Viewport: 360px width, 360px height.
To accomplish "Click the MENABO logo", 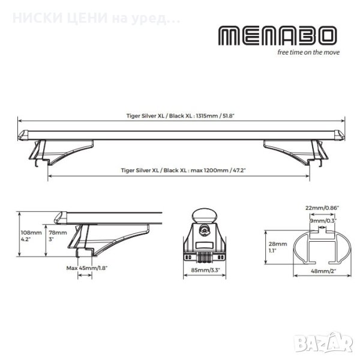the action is (278, 35).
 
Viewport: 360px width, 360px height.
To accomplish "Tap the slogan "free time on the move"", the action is (308, 52).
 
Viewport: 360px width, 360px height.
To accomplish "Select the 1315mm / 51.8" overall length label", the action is (180, 116).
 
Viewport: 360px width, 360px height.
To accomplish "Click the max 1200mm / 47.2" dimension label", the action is (183, 170).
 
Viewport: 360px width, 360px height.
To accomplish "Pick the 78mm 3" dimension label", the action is (58, 236).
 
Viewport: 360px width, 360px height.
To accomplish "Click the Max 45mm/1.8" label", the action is (87, 268).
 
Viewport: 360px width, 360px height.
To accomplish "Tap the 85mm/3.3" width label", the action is (205, 270).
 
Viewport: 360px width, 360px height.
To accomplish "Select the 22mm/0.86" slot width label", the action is (322, 208).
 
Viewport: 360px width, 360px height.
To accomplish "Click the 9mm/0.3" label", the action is (323, 221).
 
